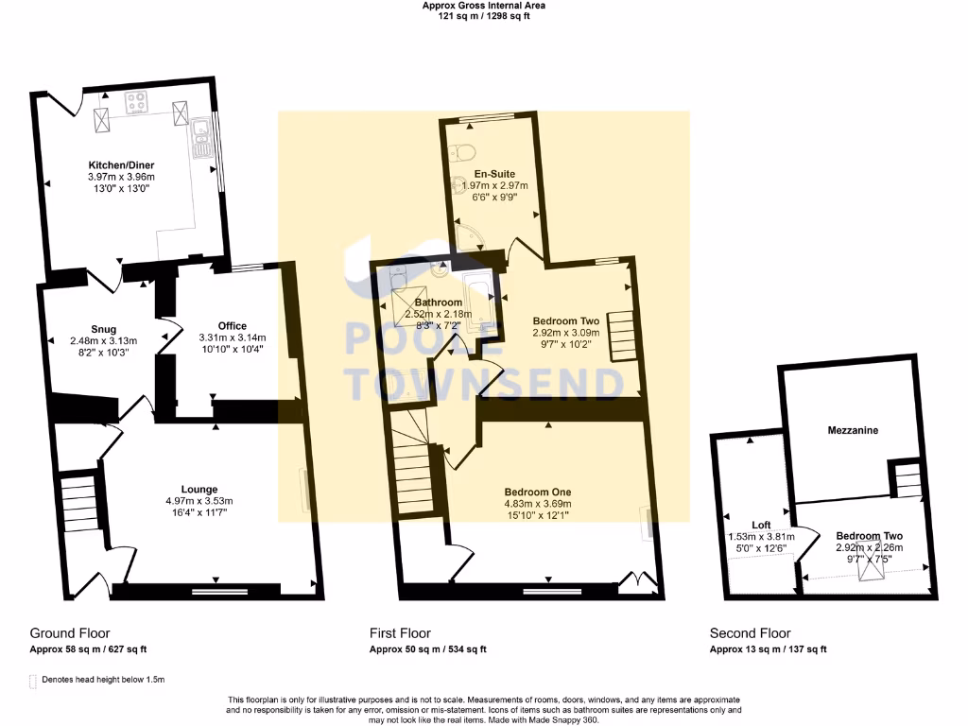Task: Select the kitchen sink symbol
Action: coord(200,135)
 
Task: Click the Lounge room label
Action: coord(200,490)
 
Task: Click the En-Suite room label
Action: coord(494,174)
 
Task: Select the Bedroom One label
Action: coord(537,493)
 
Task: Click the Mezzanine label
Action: coord(853,430)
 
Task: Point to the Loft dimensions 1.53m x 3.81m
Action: coord(761,536)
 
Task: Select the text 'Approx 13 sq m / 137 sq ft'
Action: coord(768,649)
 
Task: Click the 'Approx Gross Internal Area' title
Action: coord(483,6)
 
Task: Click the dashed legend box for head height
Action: coord(32,680)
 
